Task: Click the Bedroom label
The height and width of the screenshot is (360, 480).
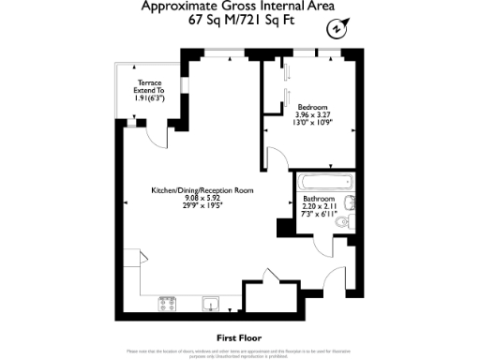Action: coord(311,107)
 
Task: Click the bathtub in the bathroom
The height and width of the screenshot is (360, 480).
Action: coord(324,183)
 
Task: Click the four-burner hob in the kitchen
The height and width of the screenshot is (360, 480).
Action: coord(169,304)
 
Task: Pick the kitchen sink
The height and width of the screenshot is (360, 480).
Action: coord(212,303)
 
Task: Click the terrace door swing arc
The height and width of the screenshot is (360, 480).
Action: coord(161,137)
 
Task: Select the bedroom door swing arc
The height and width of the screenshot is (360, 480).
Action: coord(279,159)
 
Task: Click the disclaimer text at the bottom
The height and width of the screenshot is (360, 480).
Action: coord(239,353)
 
